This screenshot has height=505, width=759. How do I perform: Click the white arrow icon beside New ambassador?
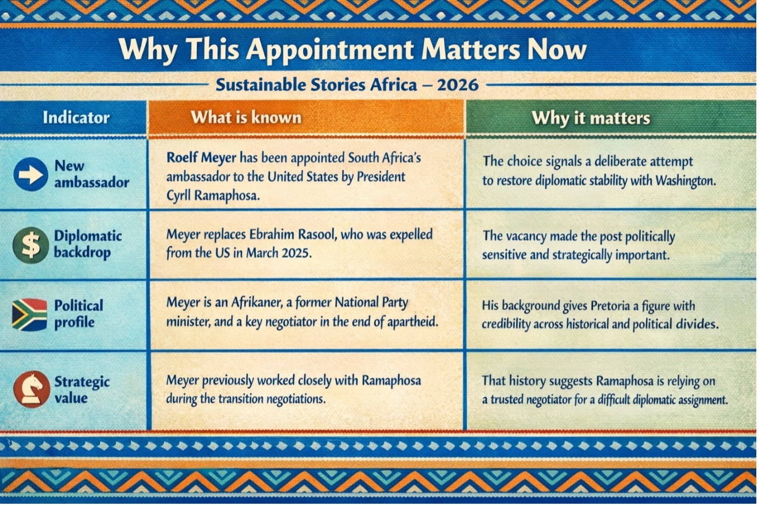pyautogui.click(x=31, y=174)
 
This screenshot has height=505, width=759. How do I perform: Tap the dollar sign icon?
pyautogui.click(x=31, y=245)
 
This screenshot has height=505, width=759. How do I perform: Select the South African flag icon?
pyautogui.click(x=30, y=314)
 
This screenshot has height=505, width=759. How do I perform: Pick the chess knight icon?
pyautogui.click(x=31, y=389)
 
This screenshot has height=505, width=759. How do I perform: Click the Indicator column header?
pyautogui.click(x=76, y=117)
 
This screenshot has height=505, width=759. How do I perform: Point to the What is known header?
pyautogui.click(x=246, y=117)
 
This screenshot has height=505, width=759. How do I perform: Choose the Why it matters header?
pyautogui.click(x=591, y=118)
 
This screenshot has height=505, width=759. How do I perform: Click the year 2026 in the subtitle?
pyautogui.click(x=458, y=85)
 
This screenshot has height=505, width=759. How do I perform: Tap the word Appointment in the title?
pyautogui.click(x=330, y=49)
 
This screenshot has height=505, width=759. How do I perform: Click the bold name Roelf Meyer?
pyautogui.click(x=201, y=158)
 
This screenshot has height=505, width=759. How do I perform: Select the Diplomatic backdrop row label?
pyautogui.click(x=88, y=244)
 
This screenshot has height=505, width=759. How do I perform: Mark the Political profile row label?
pyautogui.click(x=78, y=314)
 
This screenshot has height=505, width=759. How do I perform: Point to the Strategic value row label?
pyautogui.click(x=82, y=389)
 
